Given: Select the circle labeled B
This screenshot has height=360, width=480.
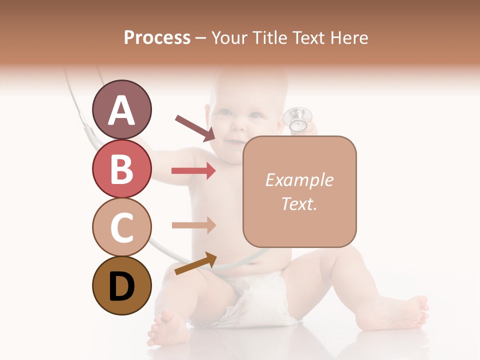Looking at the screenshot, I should coord(122,168).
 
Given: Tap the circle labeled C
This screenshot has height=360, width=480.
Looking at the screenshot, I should coord(122,227).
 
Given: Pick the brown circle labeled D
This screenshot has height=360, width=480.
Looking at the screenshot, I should coord(122,285).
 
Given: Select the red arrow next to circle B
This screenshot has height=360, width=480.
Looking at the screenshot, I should coord(193,171).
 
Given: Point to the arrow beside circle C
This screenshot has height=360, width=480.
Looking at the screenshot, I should coord(193,225).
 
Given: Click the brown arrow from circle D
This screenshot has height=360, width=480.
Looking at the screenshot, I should coord(195,263).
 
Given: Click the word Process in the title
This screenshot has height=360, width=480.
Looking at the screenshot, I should coord(157,37).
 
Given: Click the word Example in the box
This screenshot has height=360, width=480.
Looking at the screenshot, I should coord(299,180).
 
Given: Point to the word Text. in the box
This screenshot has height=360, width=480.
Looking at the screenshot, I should coord(299,203).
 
